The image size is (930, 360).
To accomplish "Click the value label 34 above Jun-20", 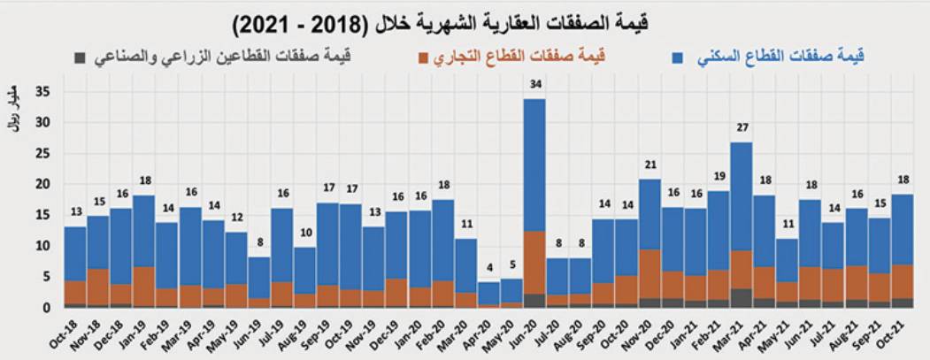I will (534, 85).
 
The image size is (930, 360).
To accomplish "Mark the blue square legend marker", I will (677, 57).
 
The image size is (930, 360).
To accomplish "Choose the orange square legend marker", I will (423, 57).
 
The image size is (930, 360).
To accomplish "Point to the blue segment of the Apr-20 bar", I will (488, 293).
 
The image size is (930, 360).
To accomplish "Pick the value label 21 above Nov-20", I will (649, 165).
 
